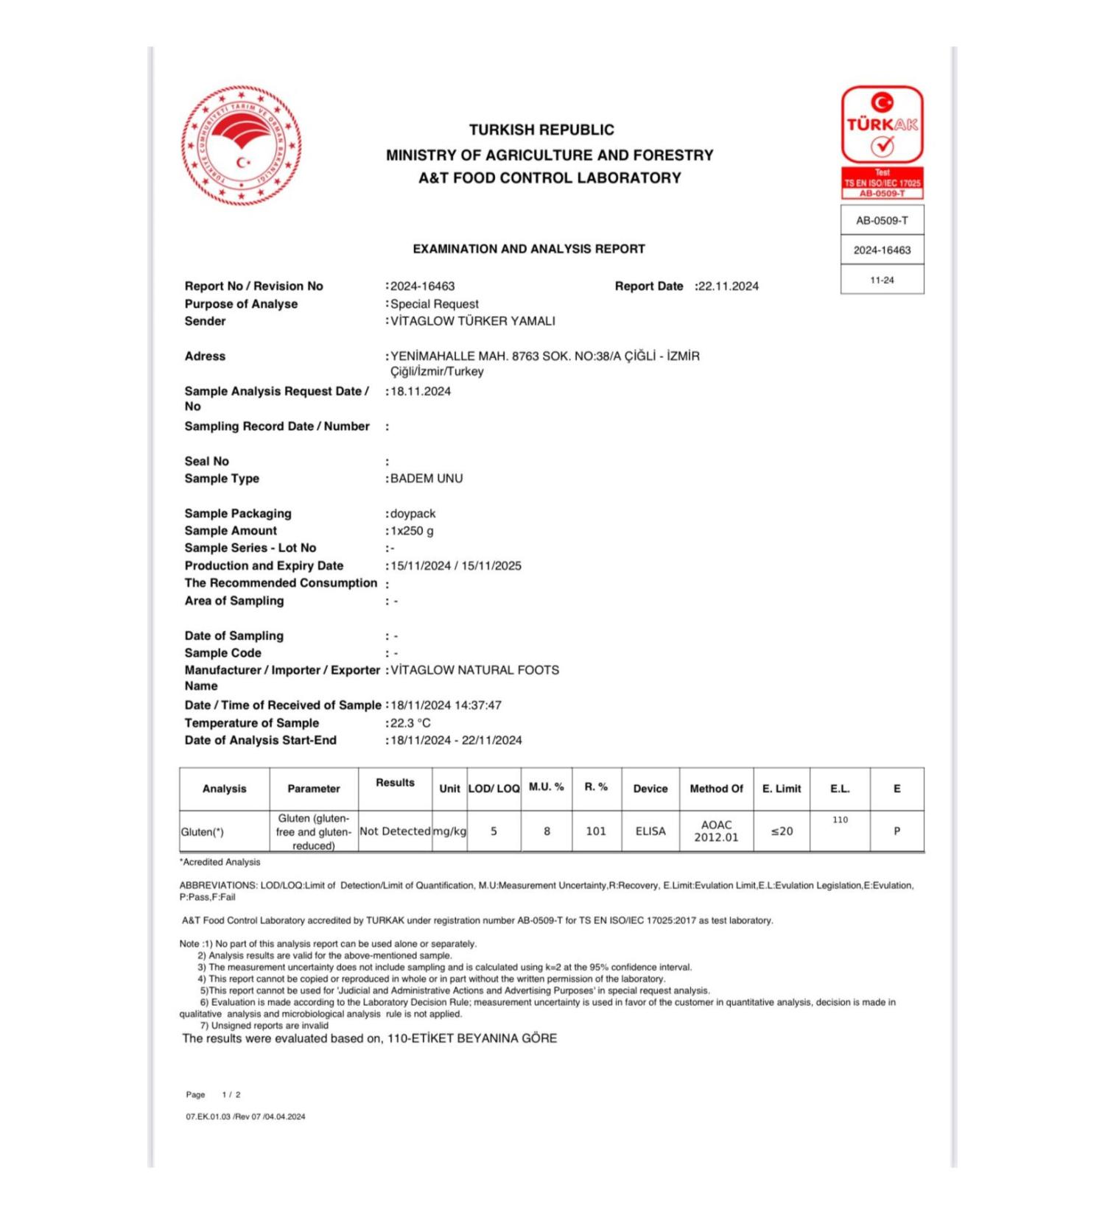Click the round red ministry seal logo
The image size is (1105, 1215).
point(241,145)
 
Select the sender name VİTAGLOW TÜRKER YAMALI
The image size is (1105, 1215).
point(472,321)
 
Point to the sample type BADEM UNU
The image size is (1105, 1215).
point(427,479)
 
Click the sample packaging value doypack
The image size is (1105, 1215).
point(413,513)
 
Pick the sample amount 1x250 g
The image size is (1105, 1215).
point(412,531)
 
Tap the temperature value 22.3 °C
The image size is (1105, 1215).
point(410,723)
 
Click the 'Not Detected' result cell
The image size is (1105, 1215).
point(395,831)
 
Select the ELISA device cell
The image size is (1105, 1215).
point(650,831)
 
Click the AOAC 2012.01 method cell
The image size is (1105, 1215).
point(716,831)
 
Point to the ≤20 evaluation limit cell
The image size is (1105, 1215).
point(782,831)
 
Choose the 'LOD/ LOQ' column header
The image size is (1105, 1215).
point(494,789)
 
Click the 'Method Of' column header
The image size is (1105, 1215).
point(716,789)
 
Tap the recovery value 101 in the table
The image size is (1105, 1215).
point(596,831)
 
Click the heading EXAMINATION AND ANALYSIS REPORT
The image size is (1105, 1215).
point(529,249)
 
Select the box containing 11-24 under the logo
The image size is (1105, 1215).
point(882,280)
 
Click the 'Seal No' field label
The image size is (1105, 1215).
point(207,461)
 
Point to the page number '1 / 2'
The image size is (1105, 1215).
point(231,1095)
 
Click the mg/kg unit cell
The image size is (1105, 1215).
point(449,831)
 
